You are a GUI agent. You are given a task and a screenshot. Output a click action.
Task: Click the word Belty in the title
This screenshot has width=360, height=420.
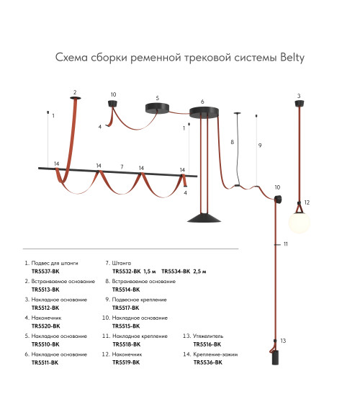(x=292, y=58)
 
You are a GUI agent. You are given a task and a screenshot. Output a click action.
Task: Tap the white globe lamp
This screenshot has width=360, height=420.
(x=300, y=222)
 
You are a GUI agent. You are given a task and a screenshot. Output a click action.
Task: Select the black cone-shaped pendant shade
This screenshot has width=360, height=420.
(x=204, y=218)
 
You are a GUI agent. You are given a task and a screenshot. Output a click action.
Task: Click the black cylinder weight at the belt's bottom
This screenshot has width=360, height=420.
(x=275, y=357)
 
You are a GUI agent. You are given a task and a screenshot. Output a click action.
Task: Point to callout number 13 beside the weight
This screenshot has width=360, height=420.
(x=283, y=341)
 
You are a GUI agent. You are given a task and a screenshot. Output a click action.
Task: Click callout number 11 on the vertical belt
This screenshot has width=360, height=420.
(x=286, y=244)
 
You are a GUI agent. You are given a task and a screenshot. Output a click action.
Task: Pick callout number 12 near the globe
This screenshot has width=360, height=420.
(x=307, y=202)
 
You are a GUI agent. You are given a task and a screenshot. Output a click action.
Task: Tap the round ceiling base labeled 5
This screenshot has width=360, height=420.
(x=158, y=107)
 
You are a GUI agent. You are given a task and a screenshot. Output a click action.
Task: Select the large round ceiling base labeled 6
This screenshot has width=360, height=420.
(x=204, y=112)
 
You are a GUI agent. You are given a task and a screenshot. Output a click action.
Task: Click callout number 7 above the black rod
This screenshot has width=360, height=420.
(x=122, y=166)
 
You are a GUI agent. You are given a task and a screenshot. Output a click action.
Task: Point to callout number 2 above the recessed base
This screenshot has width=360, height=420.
(x=75, y=92)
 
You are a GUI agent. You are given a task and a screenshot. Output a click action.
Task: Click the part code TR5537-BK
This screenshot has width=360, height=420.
(x=45, y=272)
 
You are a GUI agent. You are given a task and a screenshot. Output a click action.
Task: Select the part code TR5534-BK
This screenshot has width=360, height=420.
(x=176, y=272)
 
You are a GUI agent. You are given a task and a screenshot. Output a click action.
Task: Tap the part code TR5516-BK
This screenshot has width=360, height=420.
(x=207, y=344)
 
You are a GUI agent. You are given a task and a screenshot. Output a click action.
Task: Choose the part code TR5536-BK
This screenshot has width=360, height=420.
(x=207, y=362)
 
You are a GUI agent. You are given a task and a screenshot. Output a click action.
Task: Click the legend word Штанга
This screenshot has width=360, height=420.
(x=122, y=263)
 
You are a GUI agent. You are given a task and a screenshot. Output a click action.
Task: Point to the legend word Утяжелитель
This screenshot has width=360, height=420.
(x=208, y=336)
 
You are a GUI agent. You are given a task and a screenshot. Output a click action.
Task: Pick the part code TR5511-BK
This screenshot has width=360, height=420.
(x=45, y=362)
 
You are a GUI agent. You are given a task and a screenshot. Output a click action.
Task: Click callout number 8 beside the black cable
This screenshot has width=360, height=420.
(x=233, y=142)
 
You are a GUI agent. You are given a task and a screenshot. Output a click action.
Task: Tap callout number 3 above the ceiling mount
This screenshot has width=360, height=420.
(x=299, y=96)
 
